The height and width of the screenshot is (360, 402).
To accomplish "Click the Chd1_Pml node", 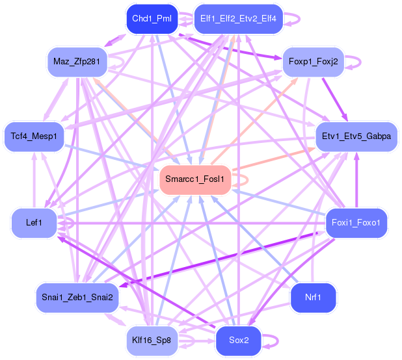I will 151,19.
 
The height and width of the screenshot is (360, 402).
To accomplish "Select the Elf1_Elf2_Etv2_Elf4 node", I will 238,19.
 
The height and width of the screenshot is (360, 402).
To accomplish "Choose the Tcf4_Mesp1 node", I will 34,136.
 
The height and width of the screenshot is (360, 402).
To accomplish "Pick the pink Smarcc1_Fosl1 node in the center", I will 195,179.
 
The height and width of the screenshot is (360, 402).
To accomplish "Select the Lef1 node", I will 34,223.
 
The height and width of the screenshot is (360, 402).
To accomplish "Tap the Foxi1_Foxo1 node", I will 356,223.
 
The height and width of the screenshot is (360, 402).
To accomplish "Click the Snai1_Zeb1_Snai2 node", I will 77,297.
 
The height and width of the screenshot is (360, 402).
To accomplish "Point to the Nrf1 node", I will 313,297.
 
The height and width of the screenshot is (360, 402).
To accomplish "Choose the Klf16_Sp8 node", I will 151,340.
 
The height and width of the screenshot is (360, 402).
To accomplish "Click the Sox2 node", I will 238,340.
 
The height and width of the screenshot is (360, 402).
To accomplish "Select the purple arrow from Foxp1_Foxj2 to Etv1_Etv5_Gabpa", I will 334,101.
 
